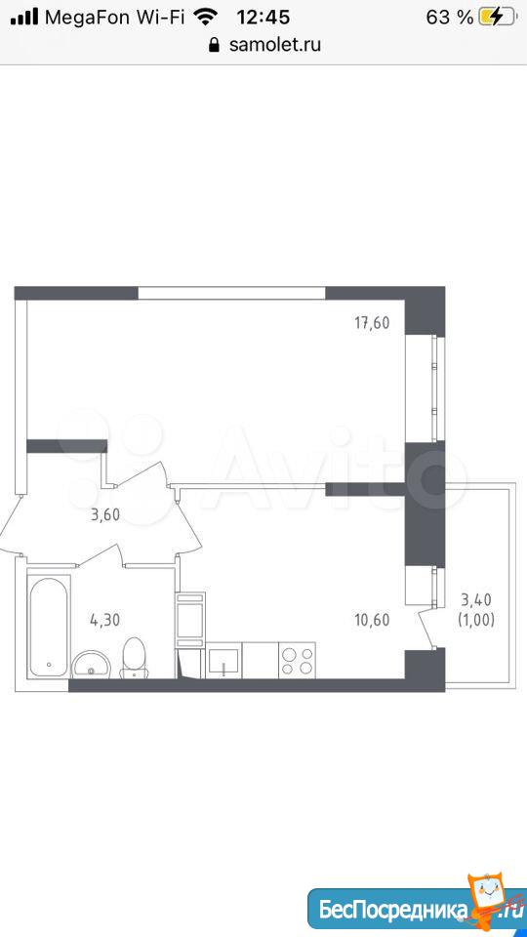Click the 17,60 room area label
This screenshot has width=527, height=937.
coord(372,323)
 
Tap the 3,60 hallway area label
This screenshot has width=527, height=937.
coord(105,514)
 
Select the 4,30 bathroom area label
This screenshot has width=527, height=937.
coord(105,620)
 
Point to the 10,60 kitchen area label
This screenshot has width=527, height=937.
coord(372,620)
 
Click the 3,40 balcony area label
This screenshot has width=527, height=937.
coord(477,598)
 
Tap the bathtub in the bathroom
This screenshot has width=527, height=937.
coord(49,626)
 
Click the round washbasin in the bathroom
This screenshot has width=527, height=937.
coord(90,665)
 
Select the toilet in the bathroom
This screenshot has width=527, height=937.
coord(134,658)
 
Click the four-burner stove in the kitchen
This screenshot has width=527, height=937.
coord(297,661)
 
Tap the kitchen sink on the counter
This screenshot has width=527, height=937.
coord(224,661)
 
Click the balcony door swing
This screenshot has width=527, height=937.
coord(426,628)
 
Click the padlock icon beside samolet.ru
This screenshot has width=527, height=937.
coord(215,45)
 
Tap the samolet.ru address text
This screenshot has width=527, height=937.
coord(275,44)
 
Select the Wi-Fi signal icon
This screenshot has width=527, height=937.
coord(206,17)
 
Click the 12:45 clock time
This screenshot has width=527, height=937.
coord(263,18)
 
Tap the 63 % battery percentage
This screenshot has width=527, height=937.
coord(449,18)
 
